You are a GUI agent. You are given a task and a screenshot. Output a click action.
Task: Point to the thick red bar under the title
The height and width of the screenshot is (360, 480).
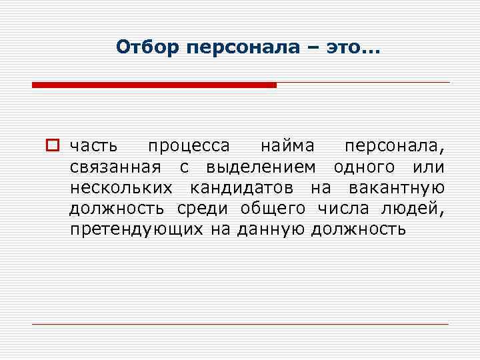(x=154, y=85)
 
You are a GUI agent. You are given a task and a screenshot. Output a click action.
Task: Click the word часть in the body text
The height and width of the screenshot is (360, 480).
(x=95, y=145)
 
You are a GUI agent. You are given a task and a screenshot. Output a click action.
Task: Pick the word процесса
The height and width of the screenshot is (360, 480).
(x=189, y=145)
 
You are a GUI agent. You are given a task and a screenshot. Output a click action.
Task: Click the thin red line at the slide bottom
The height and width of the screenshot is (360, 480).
(x=240, y=324)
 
